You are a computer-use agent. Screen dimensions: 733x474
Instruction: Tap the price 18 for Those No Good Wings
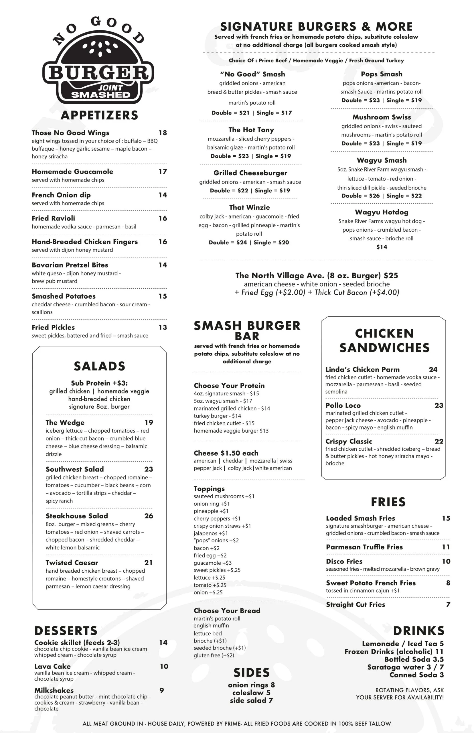pyautogui.click(x=163, y=133)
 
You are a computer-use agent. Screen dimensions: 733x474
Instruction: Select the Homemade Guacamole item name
pyautogui.click(x=72, y=172)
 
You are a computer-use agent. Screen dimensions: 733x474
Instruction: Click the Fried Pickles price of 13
pyautogui.click(x=163, y=327)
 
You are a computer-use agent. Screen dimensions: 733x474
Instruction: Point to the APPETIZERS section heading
pyautogui.click(x=99, y=115)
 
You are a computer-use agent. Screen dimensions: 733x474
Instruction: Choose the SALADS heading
pyautogui.click(x=99, y=366)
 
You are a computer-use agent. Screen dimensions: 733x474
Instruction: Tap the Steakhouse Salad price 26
pyautogui.click(x=149, y=516)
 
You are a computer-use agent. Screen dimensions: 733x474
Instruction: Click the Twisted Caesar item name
pyautogui.click(x=72, y=562)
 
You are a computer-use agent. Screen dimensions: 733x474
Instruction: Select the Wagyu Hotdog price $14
pyautogui.click(x=382, y=247)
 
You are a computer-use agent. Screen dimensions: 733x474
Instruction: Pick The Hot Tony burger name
pyautogui.click(x=251, y=130)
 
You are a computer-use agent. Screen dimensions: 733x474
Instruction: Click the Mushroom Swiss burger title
pyautogui.click(x=382, y=117)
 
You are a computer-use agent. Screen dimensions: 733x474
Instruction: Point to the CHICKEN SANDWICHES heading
pyautogui.click(x=384, y=340)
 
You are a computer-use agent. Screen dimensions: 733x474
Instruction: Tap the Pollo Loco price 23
pyautogui.click(x=439, y=405)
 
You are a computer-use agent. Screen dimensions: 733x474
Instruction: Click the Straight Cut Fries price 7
pyautogui.click(x=448, y=604)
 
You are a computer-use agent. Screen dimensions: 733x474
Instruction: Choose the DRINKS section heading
pyautogui.click(x=418, y=631)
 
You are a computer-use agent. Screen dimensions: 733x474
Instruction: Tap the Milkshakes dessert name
pyautogui.click(x=54, y=690)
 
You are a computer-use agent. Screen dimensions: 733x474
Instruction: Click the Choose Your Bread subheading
pyautogui.click(x=227, y=610)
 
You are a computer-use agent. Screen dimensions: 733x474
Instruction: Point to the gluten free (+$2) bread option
pyautogui.click(x=214, y=655)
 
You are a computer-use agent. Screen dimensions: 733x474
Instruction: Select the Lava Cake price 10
pyautogui.click(x=164, y=666)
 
